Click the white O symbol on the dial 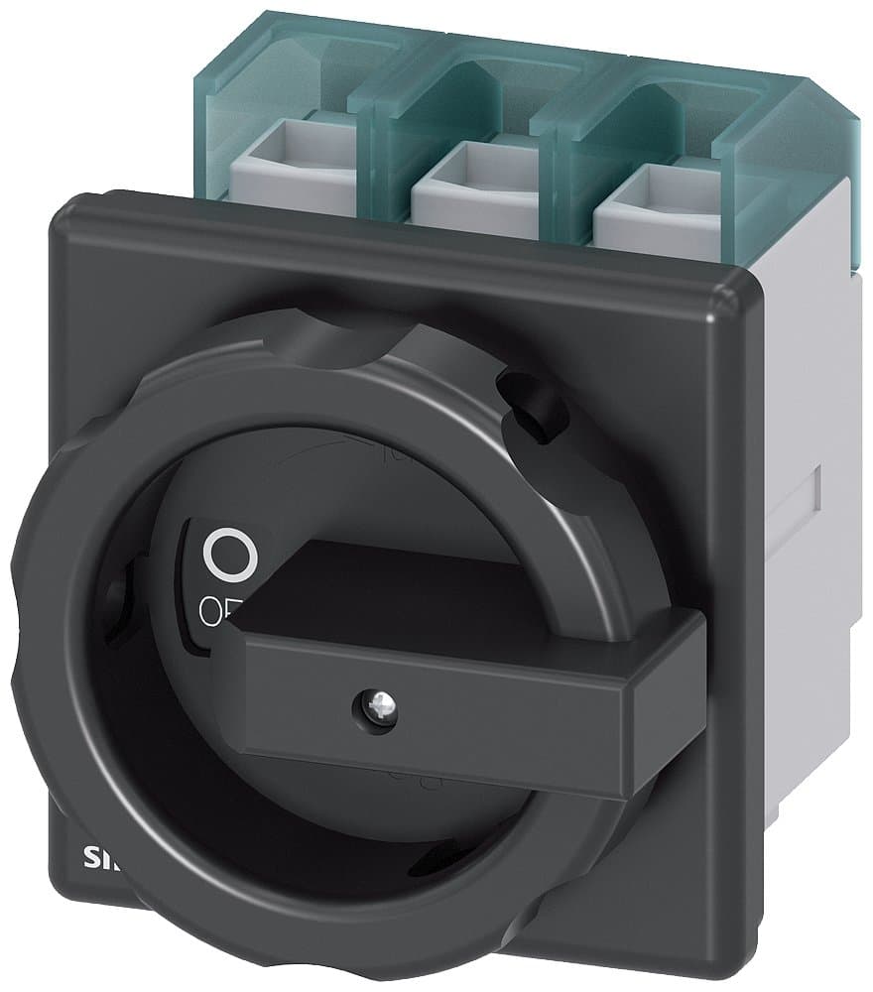click(x=229, y=555)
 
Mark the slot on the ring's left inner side click(x=116, y=595)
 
